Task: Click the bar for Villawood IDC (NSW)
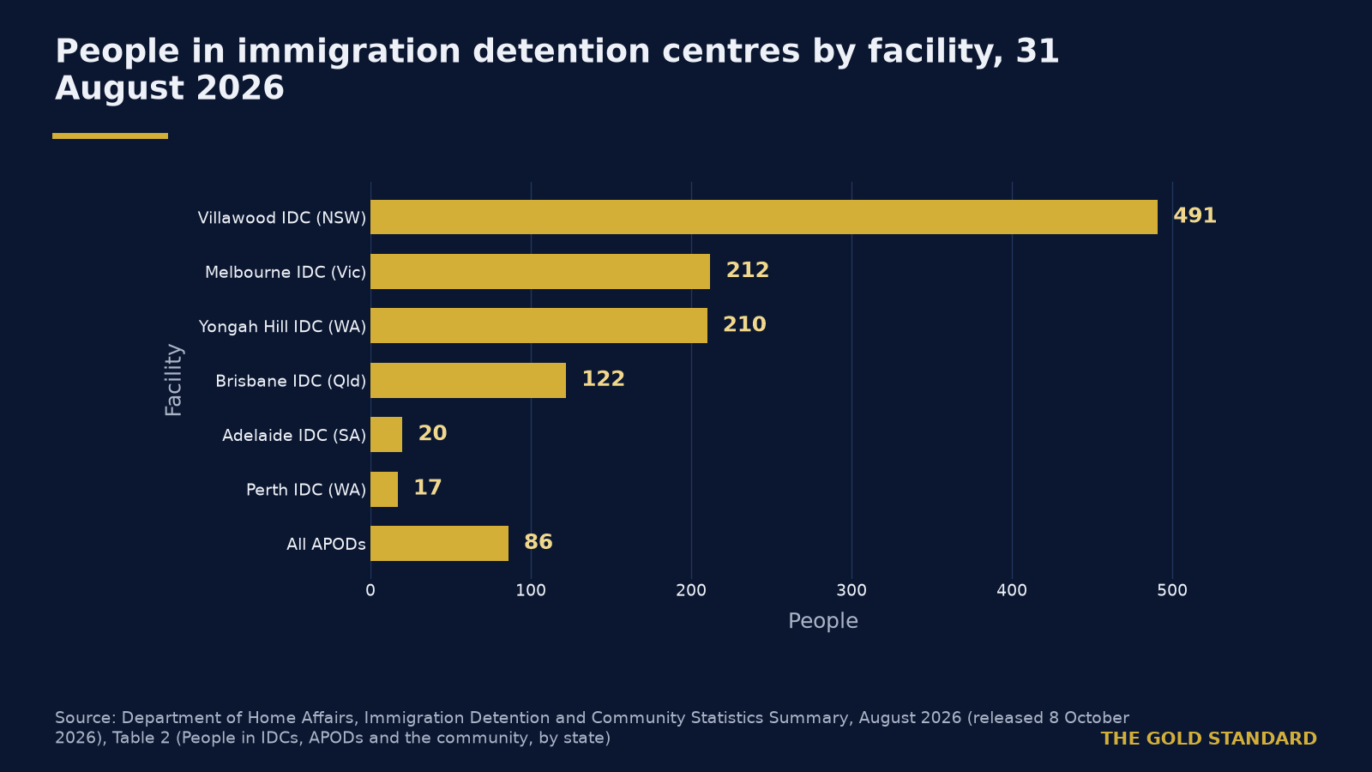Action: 764,217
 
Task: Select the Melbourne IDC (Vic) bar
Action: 540,271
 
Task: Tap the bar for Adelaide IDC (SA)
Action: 387,434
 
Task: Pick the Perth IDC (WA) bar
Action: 384,489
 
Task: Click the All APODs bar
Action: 439,544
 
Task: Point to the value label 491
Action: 1194,215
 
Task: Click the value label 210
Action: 744,325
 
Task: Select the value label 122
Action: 603,379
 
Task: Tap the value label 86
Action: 538,542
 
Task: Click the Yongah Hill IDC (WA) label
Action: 282,327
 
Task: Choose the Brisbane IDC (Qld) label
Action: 291,381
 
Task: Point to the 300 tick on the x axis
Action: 851,591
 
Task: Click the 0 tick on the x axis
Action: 370,591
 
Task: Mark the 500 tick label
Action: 1172,591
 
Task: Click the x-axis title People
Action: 822,621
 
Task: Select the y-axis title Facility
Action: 174,380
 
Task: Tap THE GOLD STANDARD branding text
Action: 1208,739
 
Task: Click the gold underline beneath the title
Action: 111,136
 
